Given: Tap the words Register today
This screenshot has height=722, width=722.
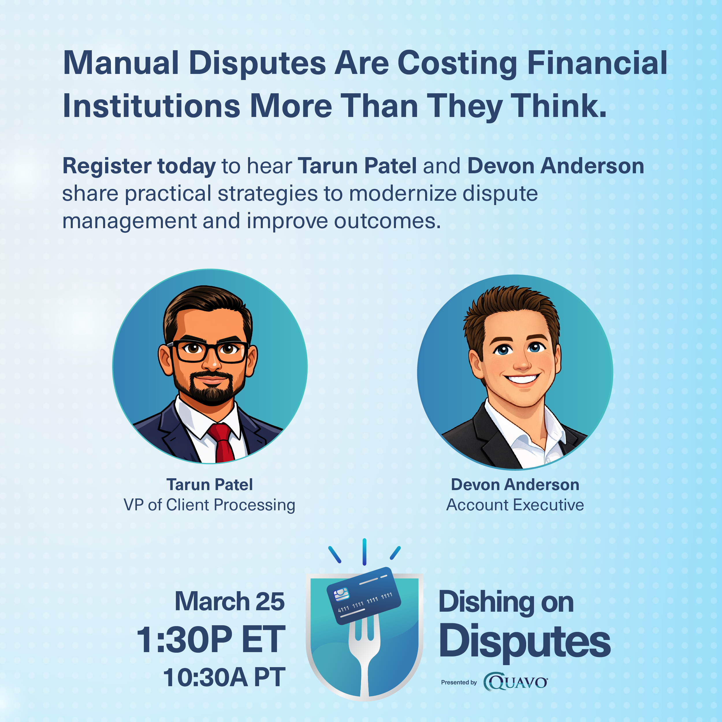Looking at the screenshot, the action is click(x=139, y=167).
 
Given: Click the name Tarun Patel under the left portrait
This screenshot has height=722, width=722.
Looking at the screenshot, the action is click(x=210, y=485).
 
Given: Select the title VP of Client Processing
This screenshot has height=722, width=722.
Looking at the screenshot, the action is click(x=209, y=505).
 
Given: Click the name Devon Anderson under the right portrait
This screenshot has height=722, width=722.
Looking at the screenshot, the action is click(x=515, y=485).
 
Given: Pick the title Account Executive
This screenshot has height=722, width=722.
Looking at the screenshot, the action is click(x=515, y=505).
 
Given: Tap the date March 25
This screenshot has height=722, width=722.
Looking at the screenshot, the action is click(x=230, y=601).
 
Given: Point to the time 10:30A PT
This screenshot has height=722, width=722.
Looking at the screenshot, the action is click(x=224, y=677).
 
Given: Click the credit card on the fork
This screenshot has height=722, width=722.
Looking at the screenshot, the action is click(x=364, y=596).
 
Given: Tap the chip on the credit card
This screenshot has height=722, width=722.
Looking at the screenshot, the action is click(x=341, y=594).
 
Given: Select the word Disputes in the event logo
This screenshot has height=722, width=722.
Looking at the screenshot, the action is click(x=524, y=641).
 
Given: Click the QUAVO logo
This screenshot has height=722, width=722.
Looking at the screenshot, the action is click(x=516, y=682).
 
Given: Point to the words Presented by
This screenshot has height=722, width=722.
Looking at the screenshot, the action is click(x=459, y=682).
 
